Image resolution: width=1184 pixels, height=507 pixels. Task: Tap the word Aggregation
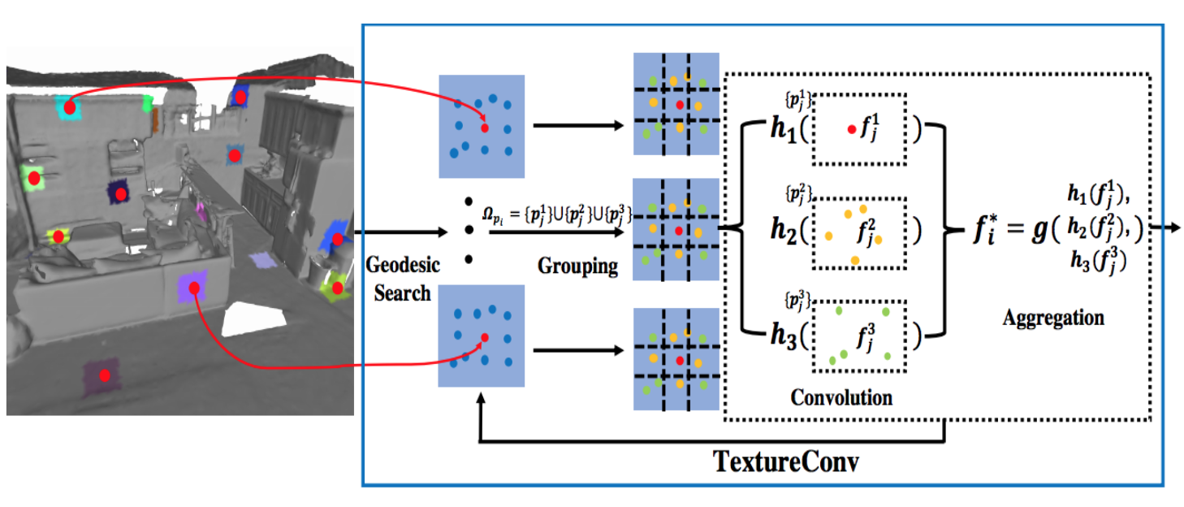(x=1053, y=318)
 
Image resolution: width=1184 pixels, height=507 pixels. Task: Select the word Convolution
(x=840, y=397)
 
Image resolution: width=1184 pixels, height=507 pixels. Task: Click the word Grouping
(x=577, y=266)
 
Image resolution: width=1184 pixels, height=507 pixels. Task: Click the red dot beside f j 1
(x=850, y=130)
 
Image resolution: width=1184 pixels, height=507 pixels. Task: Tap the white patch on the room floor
(x=253, y=319)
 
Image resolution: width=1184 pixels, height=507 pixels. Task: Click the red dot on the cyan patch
(x=70, y=106)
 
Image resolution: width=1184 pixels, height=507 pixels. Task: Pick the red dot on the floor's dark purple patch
(x=105, y=375)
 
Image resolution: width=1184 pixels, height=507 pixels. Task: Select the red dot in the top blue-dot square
(x=484, y=128)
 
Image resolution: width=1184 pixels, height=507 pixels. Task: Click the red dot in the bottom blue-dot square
(x=484, y=338)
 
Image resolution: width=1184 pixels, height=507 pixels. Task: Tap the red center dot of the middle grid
(x=679, y=232)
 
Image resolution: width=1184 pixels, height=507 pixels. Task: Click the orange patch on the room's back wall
(x=154, y=120)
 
